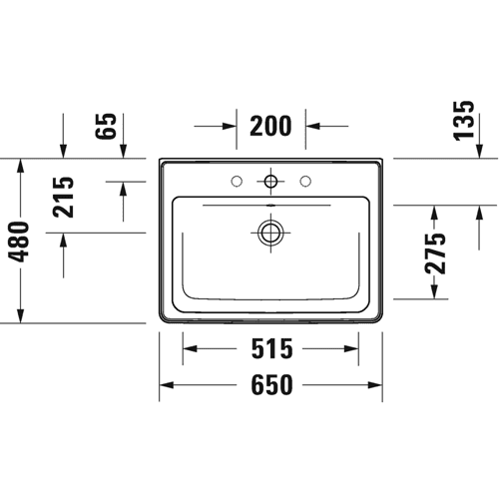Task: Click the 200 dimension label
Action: [270, 126]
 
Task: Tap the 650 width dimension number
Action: [271, 385]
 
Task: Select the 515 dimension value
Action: [271, 348]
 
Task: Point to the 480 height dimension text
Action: [20, 242]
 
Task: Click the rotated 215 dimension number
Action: [63, 197]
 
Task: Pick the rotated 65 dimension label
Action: [106, 126]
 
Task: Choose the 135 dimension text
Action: [463, 121]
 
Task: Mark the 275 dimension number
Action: [435, 253]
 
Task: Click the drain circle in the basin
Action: [270, 233]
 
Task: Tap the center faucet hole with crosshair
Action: [270, 182]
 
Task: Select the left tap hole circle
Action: [237, 182]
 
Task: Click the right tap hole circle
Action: [305, 182]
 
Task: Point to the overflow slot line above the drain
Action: [266, 206]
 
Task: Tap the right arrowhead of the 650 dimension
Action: [375, 385]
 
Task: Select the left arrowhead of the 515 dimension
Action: [190, 348]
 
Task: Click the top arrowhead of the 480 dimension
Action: [21, 166]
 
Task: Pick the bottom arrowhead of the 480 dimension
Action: [21, 315]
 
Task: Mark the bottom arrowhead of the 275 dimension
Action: [433, 291]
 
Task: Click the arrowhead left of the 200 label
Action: [230, 126]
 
